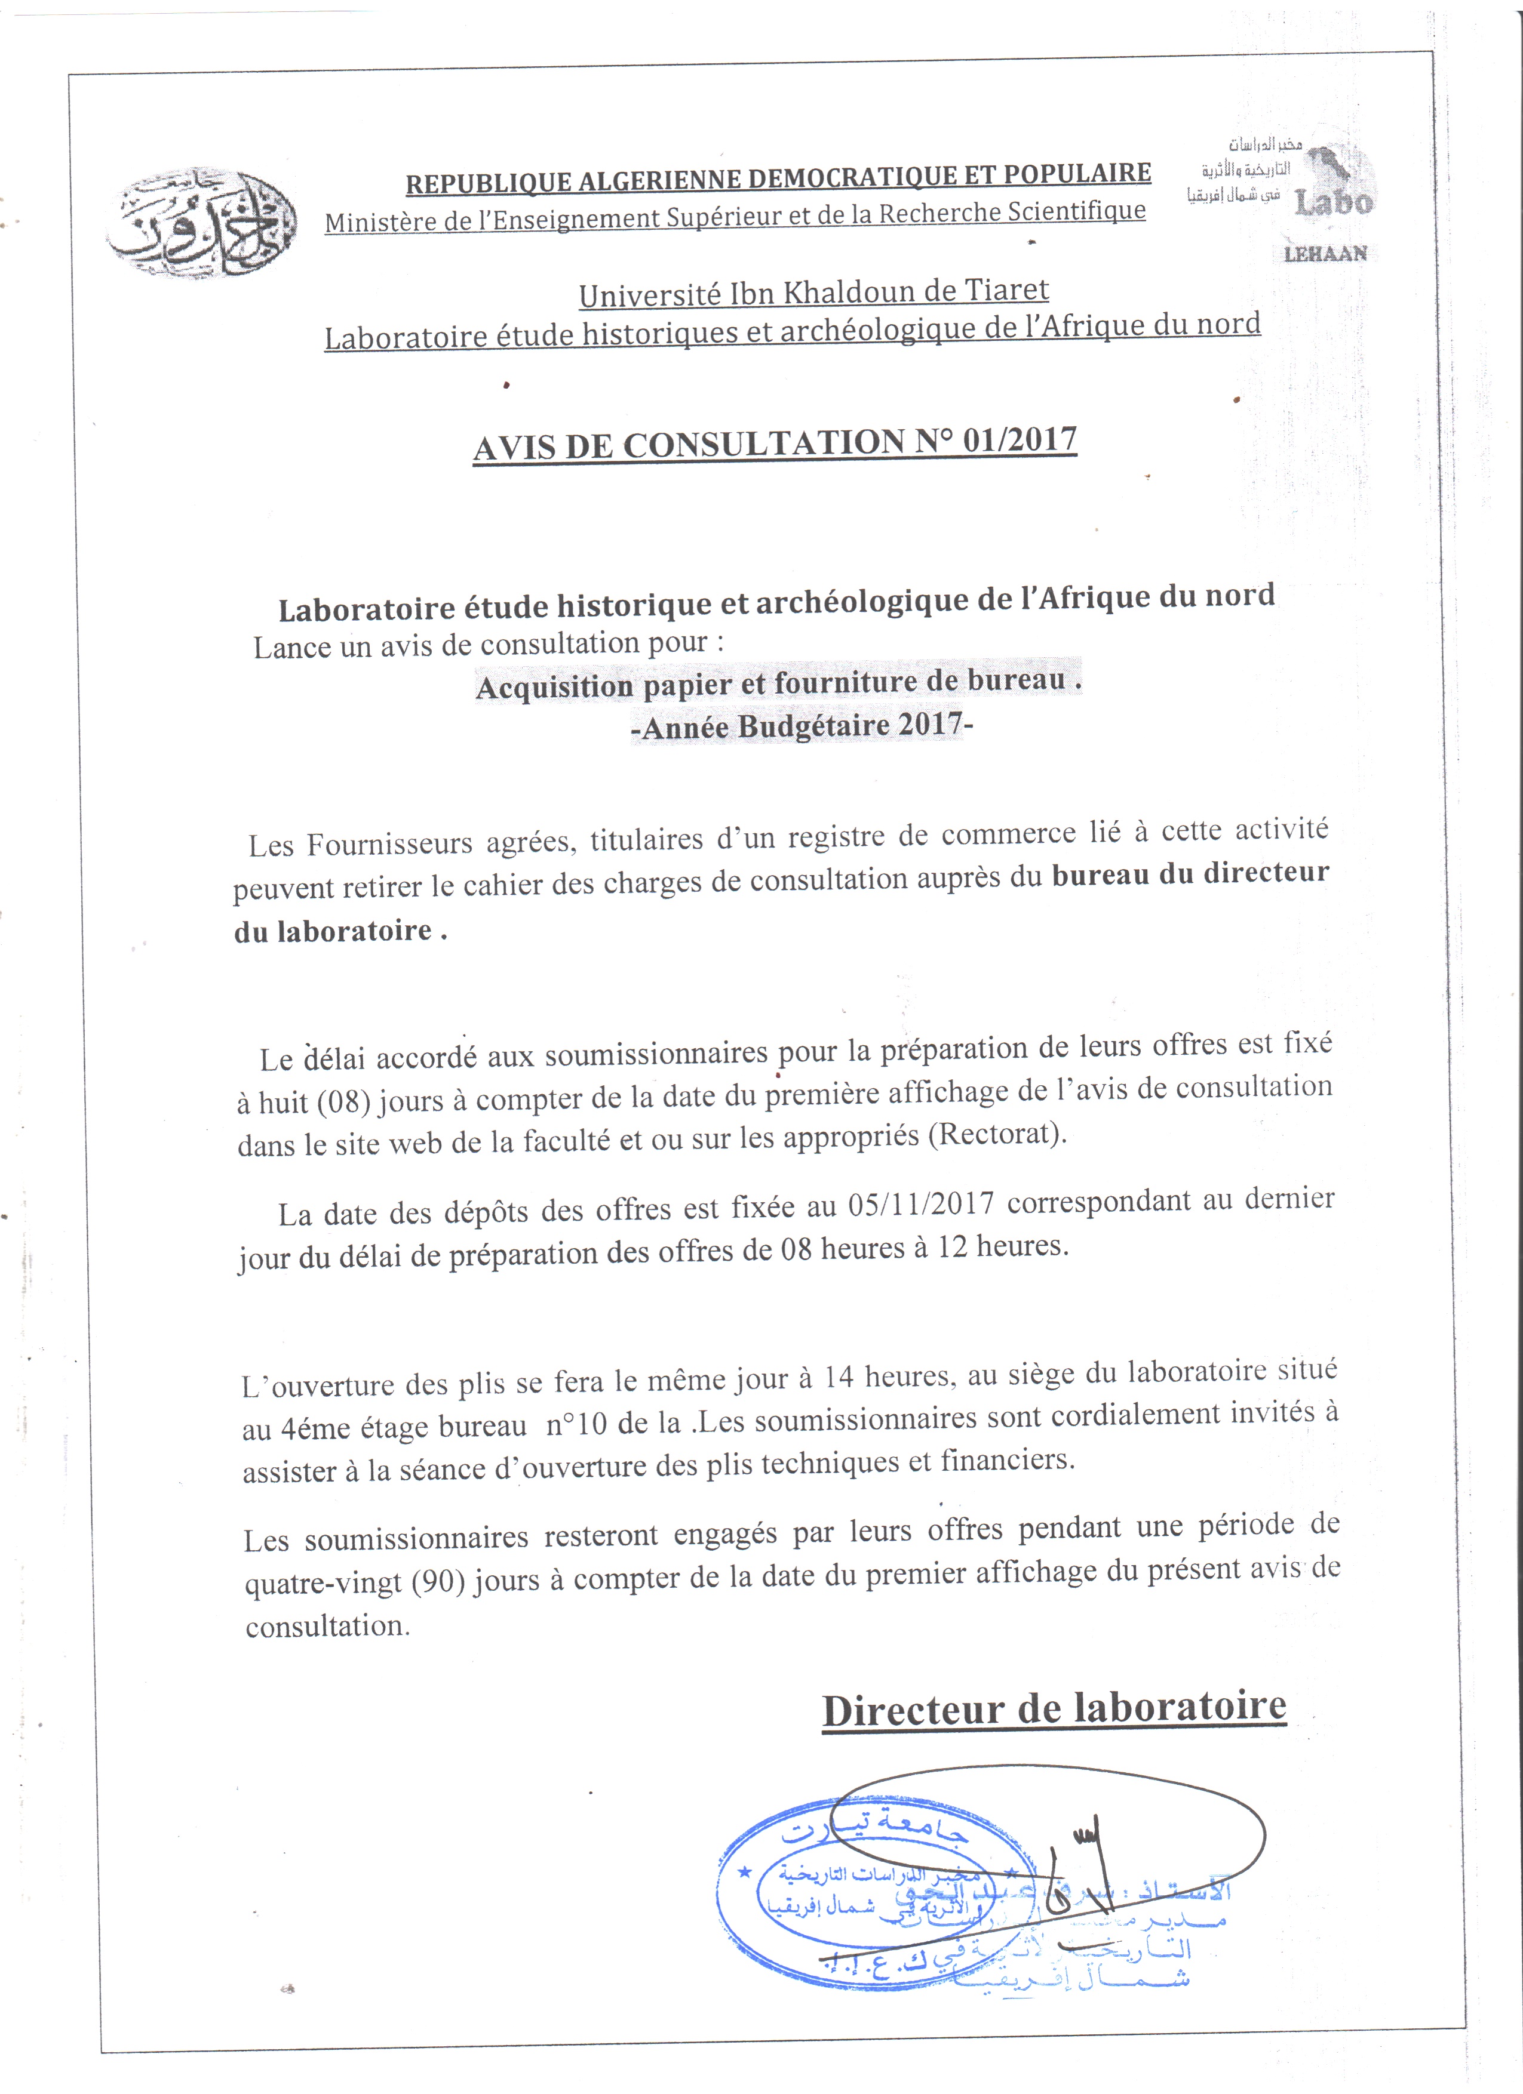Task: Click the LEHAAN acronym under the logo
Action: (x=1325, y=254)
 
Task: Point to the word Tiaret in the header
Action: (x=1007, y=290)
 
